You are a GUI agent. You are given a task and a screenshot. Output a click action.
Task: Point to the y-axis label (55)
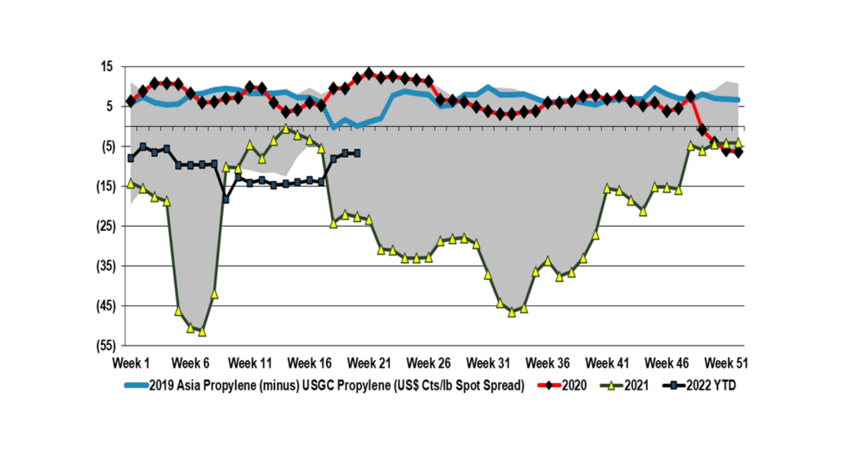(106, 346)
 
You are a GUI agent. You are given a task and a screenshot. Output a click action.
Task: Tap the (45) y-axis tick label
(106, 306)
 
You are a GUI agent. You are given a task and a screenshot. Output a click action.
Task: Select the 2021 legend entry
(636, 386)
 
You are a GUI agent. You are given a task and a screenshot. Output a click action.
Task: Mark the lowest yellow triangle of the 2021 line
(202, 332)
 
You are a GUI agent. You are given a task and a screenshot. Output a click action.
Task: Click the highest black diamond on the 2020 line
(369, 73)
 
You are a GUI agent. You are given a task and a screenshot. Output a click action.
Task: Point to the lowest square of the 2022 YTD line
(226, 200)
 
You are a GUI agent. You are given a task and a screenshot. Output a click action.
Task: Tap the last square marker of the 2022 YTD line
(357, 153)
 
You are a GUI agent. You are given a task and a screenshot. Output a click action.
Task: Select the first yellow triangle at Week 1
(131, 184)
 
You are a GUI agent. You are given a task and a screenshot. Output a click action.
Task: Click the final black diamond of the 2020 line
(738, 153)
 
